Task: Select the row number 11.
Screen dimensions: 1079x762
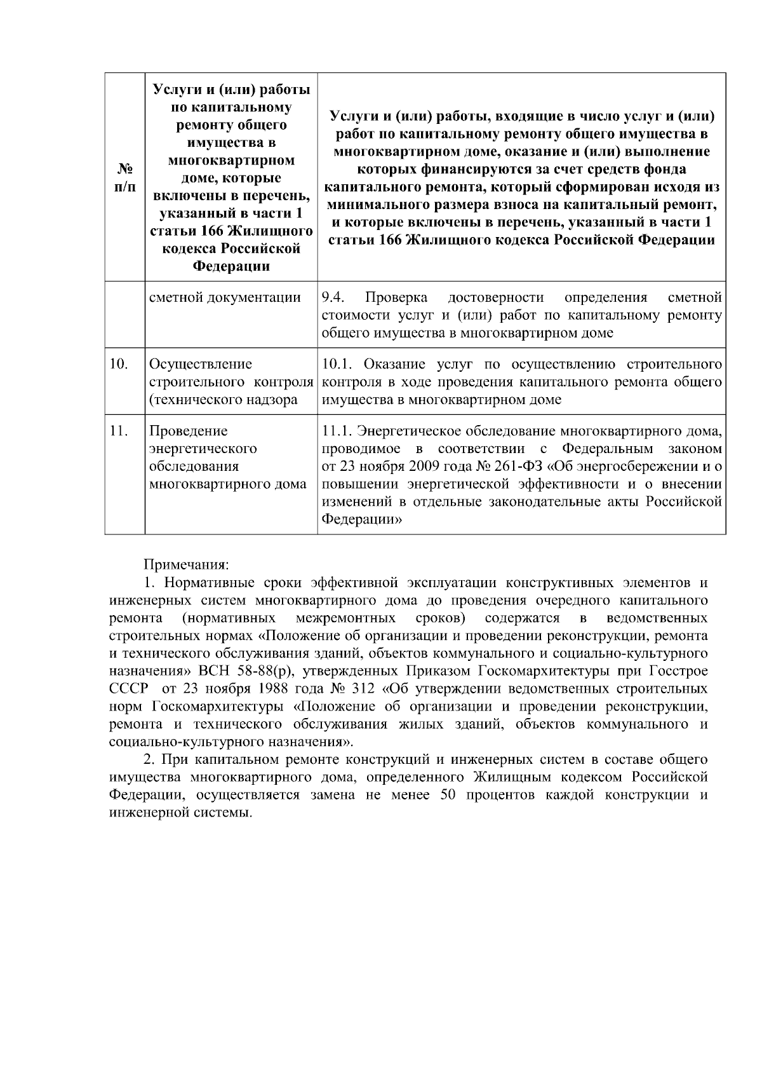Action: [118, 431]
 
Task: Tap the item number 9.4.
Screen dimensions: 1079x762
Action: [333, 297]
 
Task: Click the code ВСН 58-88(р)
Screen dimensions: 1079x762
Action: [244, 671]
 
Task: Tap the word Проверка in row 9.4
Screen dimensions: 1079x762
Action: [396, 297]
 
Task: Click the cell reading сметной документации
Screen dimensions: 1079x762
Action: [224, 297]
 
